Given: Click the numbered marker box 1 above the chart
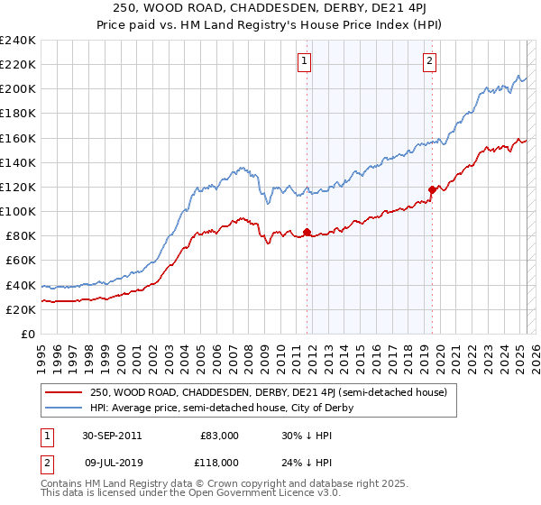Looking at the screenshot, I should click(304, 61).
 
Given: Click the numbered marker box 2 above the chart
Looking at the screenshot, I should click(429, 61).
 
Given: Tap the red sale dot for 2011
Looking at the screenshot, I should click(307, 233).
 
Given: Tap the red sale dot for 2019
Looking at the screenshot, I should click(432, 189).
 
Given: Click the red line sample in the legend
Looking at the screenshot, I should click(62, 393).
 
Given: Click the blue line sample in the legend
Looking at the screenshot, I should click(62, 409).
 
